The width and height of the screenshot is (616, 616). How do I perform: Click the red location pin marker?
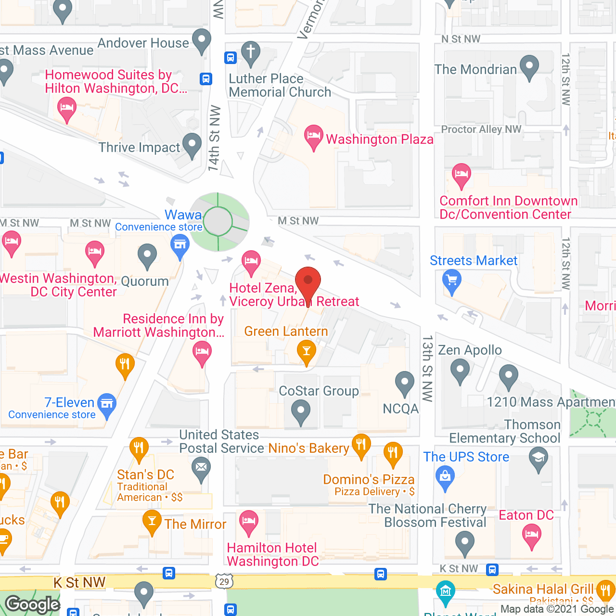tap(308, 281)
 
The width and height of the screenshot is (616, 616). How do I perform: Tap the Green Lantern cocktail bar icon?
tap(306, 351)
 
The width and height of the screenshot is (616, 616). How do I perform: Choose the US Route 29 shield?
tap(224, 581)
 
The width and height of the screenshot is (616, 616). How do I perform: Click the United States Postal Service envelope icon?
tap(201, 467)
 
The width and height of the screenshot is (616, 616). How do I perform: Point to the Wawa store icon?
tap(180, 244)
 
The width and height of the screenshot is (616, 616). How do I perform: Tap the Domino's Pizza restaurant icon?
tap(393, 452)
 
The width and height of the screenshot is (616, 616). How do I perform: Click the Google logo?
tap(33, 604)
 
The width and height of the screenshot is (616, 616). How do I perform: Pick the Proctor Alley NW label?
tap(481, 129)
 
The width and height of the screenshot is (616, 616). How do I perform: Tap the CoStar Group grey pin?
tap(301, 412)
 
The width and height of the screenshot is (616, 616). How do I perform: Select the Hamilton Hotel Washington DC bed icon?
tap(248, 521)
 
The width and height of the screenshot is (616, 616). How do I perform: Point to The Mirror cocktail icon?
tap(152, 521)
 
